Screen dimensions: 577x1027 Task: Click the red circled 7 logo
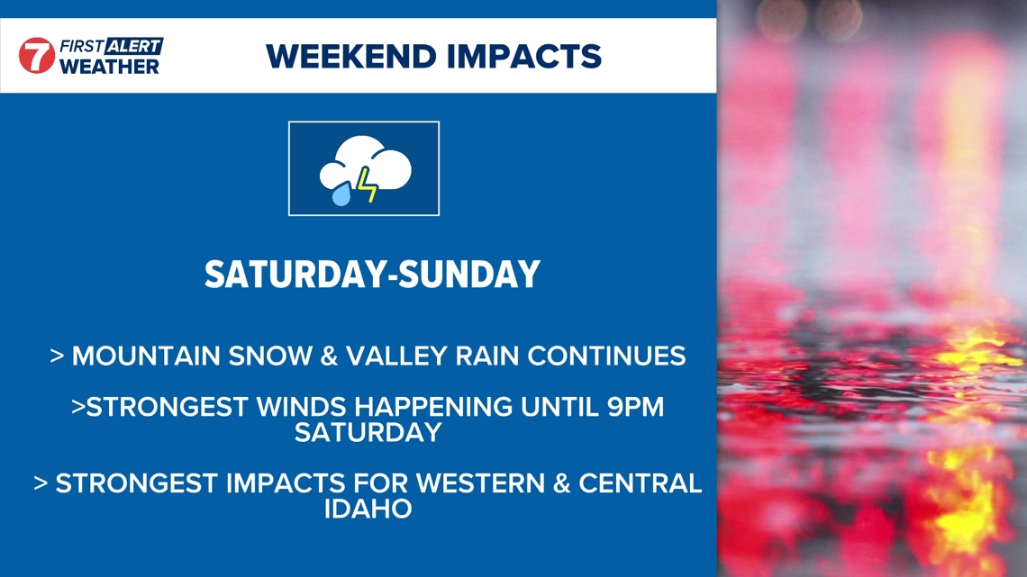[x=37, y=56]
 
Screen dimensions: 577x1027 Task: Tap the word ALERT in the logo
[x=133, y=46]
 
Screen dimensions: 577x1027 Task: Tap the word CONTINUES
[x=606, y=356]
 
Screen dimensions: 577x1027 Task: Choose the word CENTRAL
[x=640, y=483]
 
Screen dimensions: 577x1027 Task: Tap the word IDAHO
[x=368, y=509]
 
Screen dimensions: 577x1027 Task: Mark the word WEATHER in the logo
[x=109, y=67]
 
